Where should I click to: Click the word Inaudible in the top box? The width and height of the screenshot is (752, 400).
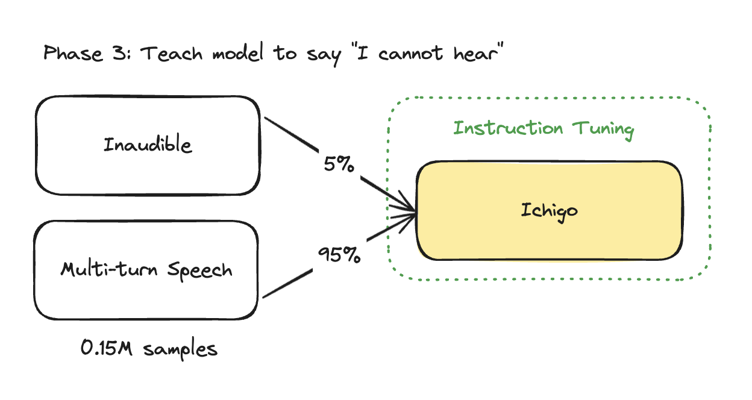pyautogui.click(x=148, y=145)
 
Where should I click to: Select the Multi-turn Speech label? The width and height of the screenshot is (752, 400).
pyautogui.click(x=146, y=269)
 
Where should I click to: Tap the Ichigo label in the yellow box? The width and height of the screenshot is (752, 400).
pyautogui.click(x=549, y=210)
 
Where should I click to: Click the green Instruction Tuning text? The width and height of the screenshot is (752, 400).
pyautogui.click(x=544, y=129)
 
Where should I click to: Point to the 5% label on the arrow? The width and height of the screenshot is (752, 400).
pyautogui.click(x=338, y=164)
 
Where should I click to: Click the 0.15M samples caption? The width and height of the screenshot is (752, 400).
pyautogui.click(x=149, y=348)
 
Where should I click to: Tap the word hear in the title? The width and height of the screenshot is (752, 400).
pyautogui.click(x=474, y=54)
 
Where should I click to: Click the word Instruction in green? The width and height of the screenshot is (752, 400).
pyautogui.click(x=508, y=128)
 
